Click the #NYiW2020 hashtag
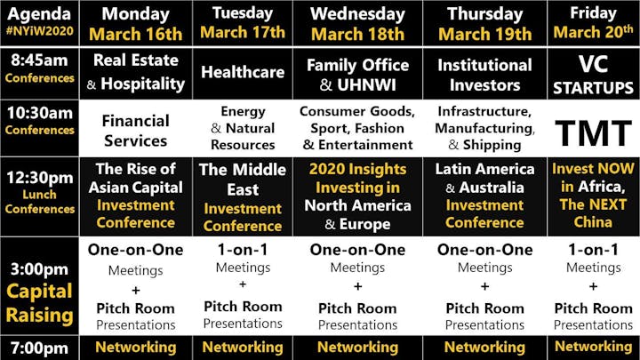tap(40, 31)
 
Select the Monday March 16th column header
tap(135, 24)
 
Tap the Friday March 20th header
tap(593, 23)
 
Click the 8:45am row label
tap(40, 60)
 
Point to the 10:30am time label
tap(40, 113)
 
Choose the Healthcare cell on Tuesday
tap(243, 72)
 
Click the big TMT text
tap(594, 133)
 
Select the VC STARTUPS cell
tap(593, 75)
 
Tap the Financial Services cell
tap(135, 131)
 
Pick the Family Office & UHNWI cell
tap(357, 75)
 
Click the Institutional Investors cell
tap(484, 75)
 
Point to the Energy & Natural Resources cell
tap(243, 128)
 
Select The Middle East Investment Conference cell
tap(243, 197)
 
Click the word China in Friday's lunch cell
tap(593, 222)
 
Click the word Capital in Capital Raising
tap(40, 292)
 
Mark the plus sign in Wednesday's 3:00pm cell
tap(357, 286)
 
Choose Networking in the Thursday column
tap(484, 348)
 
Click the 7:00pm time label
tap(40, 348)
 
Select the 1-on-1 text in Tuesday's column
tap(243, 250)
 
